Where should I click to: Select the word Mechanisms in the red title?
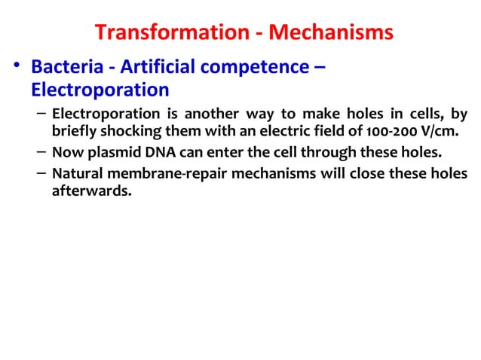333,34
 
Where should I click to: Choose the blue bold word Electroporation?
100,90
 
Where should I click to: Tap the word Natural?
78,174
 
